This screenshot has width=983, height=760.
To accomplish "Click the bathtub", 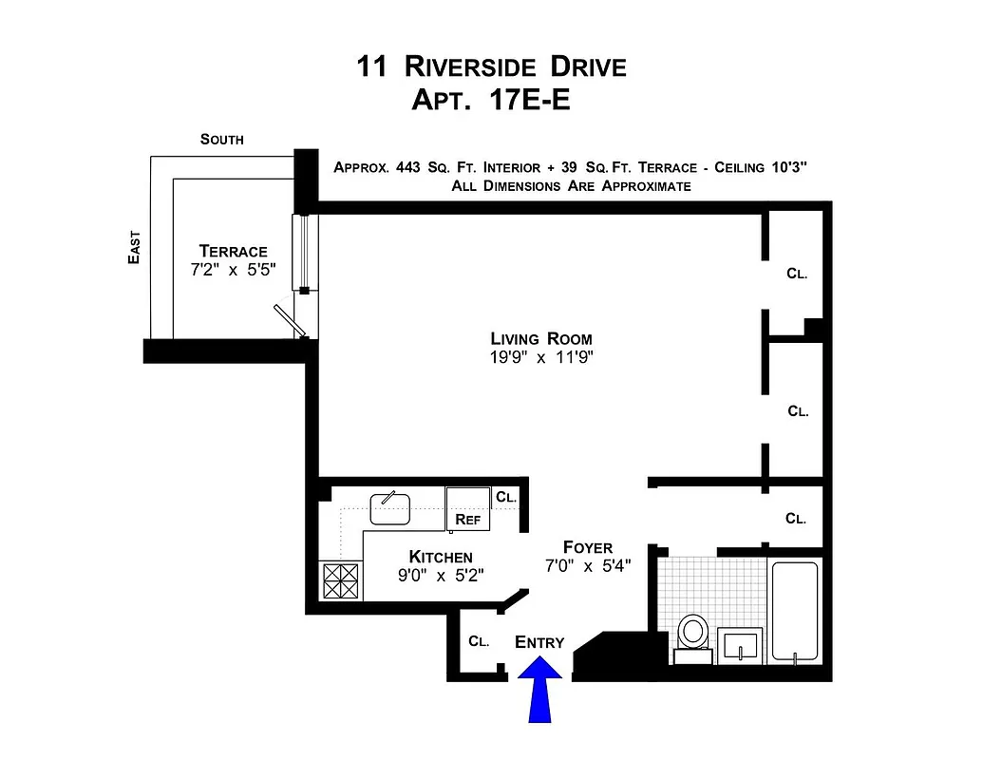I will coord(794,611).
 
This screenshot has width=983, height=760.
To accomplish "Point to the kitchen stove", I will coord(340,580).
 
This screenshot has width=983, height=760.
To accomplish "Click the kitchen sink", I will coord(389,508).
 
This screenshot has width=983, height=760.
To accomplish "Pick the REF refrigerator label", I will coord(467,520).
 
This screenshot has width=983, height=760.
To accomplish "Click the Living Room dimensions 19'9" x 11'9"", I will coord(541,358).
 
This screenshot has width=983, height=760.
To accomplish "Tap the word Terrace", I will coord(234,251).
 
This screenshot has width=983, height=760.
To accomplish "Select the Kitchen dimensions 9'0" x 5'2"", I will coord(441,575).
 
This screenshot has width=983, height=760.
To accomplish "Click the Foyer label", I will coord(587,547).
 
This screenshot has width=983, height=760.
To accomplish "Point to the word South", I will coord(221,140).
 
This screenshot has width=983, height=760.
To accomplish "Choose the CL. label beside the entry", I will coord(479,641).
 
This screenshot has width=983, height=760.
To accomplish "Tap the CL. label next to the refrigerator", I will coord(506,497).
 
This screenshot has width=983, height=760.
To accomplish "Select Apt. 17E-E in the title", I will coord(491,98).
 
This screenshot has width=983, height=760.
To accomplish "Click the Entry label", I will coord(539,642).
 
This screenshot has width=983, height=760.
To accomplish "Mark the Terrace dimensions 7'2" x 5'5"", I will coord(234,270).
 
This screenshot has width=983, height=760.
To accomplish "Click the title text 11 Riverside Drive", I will coord(491,66).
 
